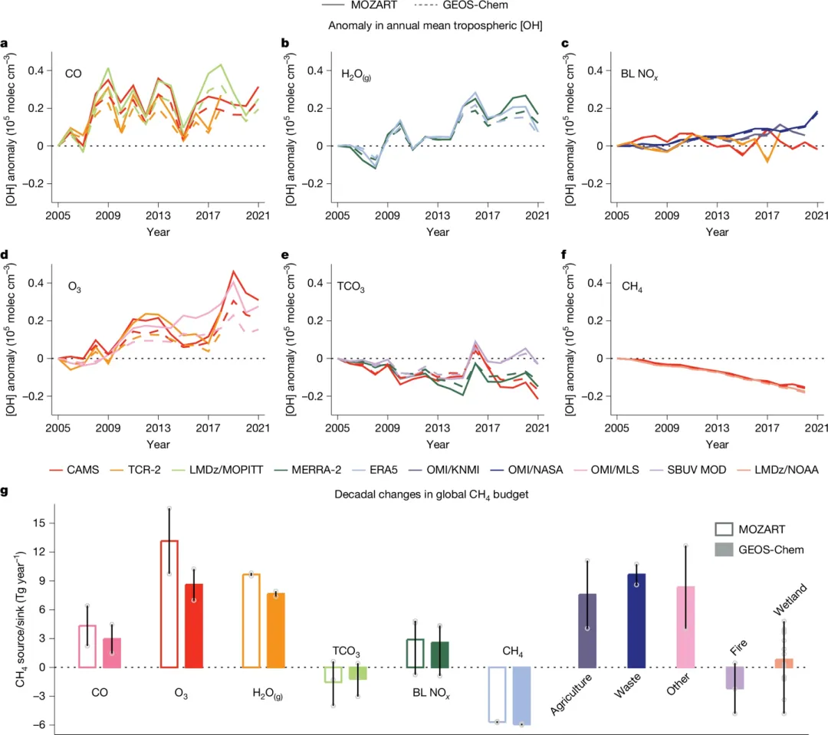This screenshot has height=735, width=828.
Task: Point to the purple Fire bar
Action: (734, 678)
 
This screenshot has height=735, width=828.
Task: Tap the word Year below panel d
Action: (158, 445)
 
